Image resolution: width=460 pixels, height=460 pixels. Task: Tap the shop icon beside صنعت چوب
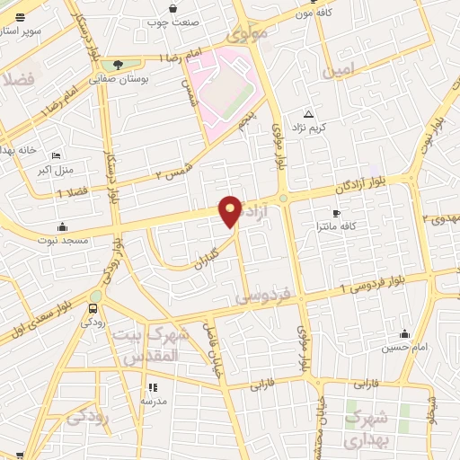[198, 9]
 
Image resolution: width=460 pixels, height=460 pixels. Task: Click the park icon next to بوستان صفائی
[118, 65]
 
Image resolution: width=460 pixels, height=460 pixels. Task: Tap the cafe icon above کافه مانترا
[337, 213]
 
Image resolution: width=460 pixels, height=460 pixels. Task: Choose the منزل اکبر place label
[57, 168]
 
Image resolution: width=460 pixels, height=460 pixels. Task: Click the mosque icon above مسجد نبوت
[62, 226]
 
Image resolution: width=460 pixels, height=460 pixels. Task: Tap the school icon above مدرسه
[151, 387]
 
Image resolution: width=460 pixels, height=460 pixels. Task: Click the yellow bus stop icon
[93, 309]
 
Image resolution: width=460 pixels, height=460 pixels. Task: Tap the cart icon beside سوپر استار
[19, 17]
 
